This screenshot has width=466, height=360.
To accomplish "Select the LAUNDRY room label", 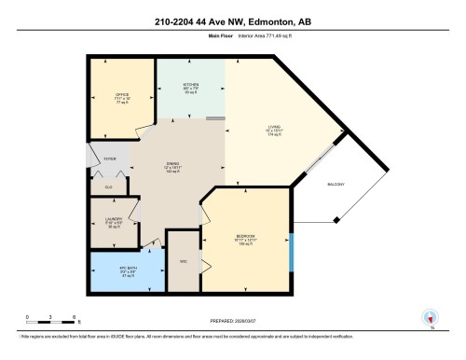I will [114, 220].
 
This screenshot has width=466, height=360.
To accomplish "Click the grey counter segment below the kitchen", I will [215, 118].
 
